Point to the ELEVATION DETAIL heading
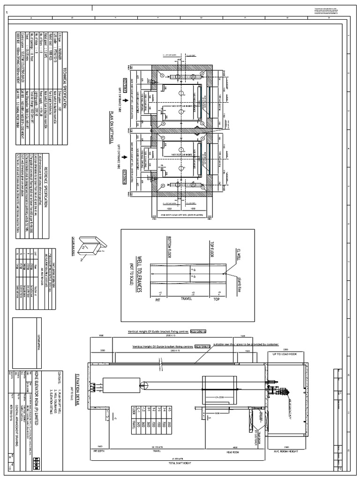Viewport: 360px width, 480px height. pos(79,384)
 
